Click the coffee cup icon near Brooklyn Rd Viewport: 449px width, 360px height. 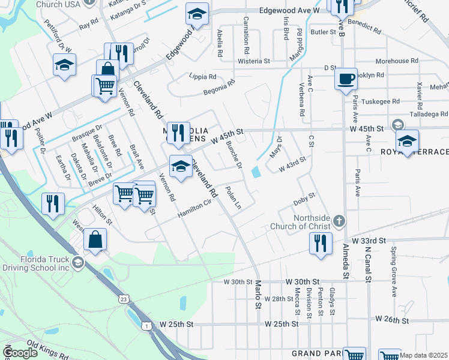pos(345,79)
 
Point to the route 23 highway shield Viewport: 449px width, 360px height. pos(123,298)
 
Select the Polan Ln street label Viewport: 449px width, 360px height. pos(233,198)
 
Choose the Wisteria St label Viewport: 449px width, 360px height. pos(254,61)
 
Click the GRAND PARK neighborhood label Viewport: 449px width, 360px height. pos(315,354)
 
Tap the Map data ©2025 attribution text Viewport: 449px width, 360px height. pos(424,356)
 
